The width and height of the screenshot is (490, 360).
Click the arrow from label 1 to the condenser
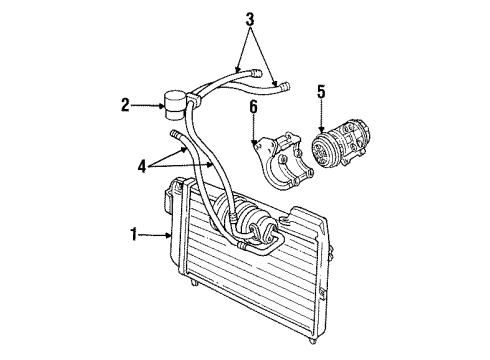156,236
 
